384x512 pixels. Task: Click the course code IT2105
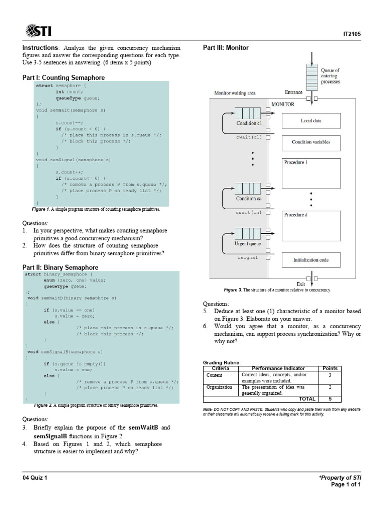[352, 34]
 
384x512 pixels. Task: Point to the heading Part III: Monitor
[226, 48]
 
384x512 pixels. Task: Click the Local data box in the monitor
[311, 121]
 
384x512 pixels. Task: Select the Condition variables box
[311, 142]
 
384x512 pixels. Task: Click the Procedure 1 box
[311, 172]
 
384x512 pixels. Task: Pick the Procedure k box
[311, 225]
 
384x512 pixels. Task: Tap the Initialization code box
[311, 260]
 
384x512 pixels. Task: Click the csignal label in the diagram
[247, 258]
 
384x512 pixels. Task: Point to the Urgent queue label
[248, 244]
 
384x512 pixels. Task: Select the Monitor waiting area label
[235, 93]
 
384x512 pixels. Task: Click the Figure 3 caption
[277, 290]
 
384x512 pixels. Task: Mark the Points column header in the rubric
[330, 368]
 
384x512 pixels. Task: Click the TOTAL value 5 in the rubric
[330, 399]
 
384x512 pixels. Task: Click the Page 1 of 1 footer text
[346, 484]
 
